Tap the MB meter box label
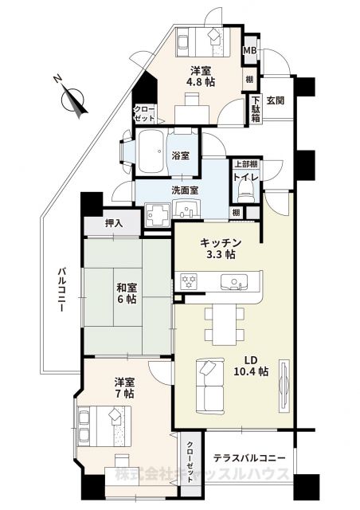pos(249,51)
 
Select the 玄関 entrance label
pos(276,100)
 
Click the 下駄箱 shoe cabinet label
pos(256,109)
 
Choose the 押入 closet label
pos(114,224)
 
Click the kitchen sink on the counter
pos(234,281)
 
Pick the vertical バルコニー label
pos(61,290)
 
